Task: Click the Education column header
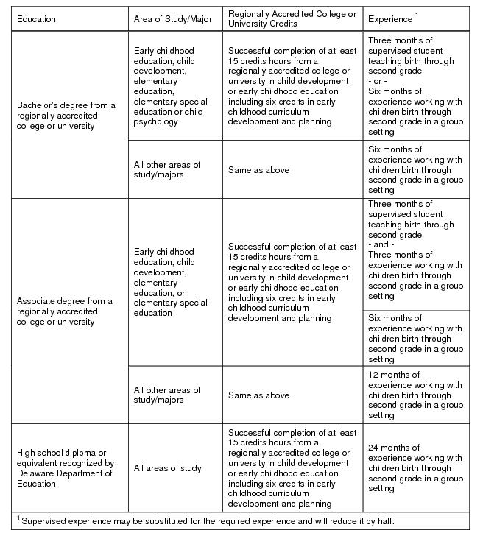coord(36,19)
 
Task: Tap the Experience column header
coord(390,18)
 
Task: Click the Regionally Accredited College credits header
coord(292,19)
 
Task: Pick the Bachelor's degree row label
coord(66,116)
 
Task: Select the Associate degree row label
coord(65,311)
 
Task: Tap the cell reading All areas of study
coord(167,468)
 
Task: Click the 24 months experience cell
coord(415,468)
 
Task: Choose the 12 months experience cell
coord(415,395)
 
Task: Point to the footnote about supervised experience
coord(205,521)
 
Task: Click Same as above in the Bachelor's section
coord(258,170)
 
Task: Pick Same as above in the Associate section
coord(258,395)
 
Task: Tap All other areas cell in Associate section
coord(167,395)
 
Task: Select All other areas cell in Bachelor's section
coord(167,170)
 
